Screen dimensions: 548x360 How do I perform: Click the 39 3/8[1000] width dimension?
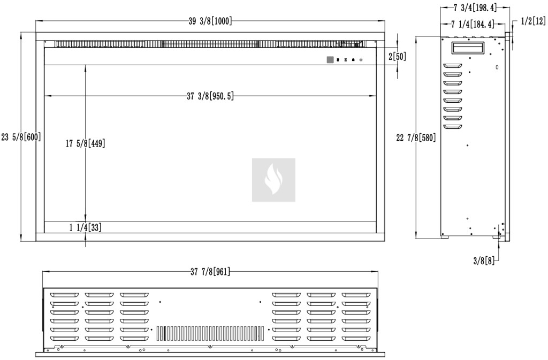[210, 21]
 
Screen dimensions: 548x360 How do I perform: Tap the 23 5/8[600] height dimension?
[21, 137]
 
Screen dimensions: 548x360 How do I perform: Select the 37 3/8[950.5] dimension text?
[210, 96]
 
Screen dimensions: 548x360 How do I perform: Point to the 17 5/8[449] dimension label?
[86, 143]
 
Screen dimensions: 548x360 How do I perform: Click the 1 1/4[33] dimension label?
[86, 228]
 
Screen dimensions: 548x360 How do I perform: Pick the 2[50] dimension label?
[398, 56]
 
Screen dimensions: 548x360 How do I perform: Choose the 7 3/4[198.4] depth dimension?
[475, 7]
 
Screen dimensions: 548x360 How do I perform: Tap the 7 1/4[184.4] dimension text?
[473, 24]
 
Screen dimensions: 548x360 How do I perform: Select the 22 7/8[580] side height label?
[416, 138]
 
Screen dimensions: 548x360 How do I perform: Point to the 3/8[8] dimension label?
[484, 261]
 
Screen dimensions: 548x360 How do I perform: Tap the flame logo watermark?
[273, 180]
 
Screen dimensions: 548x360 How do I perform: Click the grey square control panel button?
[330, 60]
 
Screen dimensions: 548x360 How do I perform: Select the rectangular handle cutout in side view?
[469, 48]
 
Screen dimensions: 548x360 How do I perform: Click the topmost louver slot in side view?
[453, 66]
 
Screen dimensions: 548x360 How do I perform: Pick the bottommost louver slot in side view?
[453, 127]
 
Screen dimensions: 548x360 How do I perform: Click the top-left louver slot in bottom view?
[64, 295]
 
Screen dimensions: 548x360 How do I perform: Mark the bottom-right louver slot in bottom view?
[356, 339]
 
